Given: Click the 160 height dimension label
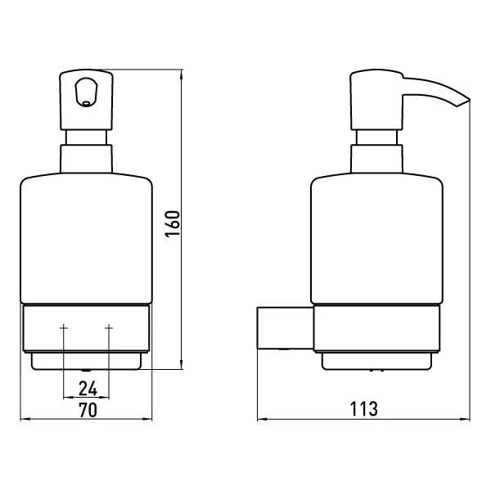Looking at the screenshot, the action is coord(173,224).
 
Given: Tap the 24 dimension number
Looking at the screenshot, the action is coord(88,389).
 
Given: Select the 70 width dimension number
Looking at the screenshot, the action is coord(88,410).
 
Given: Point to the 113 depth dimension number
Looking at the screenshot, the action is coord(363,408).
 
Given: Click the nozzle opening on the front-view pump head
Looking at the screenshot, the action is coord(87,103).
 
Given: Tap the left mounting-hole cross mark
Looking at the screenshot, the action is coord(64,327).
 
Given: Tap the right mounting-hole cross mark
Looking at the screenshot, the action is coord(109,327).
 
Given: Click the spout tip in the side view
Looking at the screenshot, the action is coord(470,100).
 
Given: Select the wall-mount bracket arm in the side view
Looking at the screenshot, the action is coord(286,328).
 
